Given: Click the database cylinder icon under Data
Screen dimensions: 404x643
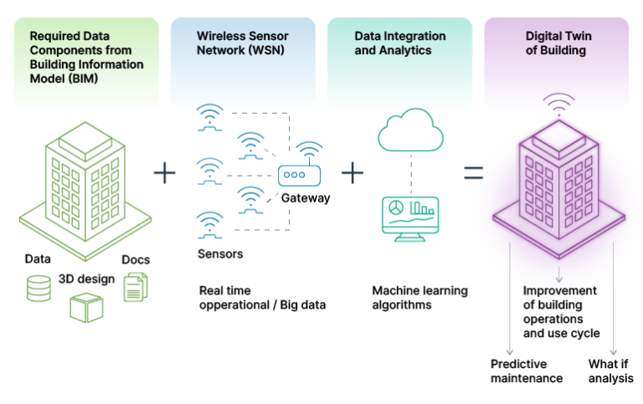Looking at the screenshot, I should pos(39,286).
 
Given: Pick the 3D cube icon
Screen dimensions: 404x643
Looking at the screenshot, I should pos(85,307).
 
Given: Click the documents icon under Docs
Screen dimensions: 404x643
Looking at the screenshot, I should pos(135,286).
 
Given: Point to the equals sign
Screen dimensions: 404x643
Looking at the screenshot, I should pos(474,173).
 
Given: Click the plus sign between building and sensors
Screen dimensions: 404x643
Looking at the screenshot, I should pos(166,173).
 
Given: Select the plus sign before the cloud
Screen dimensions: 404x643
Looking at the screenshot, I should pos(353,173).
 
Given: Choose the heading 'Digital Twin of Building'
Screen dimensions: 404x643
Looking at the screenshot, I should pos(555,43).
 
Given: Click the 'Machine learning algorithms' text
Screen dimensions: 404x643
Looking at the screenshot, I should pos(419,298).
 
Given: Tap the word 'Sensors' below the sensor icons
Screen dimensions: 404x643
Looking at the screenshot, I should pos(220,253).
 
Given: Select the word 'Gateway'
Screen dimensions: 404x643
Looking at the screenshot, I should pos(305,198).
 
